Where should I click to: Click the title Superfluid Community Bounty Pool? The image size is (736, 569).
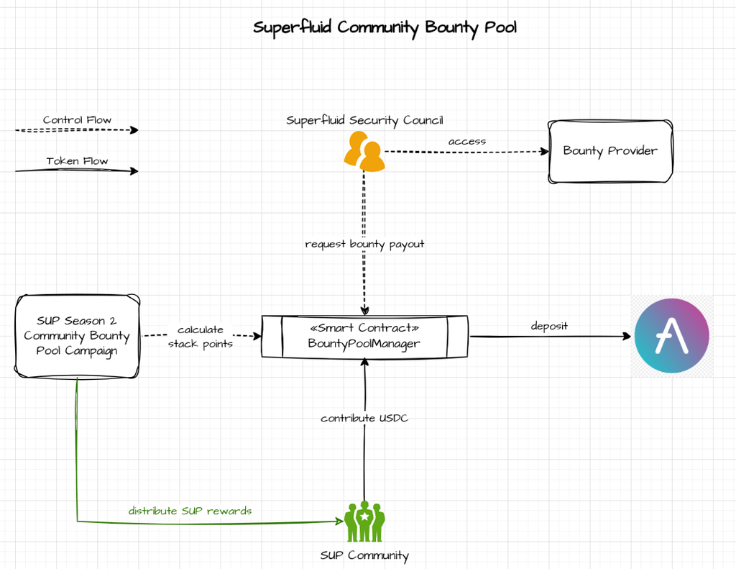385,27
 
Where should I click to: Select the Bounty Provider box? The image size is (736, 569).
610,151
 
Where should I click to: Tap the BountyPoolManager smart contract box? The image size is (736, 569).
364,335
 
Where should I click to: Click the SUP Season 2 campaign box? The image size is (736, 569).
77,335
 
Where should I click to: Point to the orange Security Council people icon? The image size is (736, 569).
364,152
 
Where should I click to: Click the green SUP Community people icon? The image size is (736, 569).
364,522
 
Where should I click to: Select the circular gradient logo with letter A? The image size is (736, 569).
672,336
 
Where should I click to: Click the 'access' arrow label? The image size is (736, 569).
466,141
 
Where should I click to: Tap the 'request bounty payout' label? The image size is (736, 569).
364,244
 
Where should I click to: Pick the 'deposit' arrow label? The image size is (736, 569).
549,326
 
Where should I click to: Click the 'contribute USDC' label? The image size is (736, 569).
364,418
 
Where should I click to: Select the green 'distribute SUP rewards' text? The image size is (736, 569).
190,511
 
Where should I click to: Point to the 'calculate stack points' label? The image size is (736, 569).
200,337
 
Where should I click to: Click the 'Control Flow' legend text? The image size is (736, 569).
77,119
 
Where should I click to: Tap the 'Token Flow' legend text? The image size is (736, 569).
77,161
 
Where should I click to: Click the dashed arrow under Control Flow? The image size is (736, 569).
76,131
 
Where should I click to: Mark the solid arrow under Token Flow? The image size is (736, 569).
76,171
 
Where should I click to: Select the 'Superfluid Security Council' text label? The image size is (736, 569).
364,120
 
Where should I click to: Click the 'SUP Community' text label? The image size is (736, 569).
364,555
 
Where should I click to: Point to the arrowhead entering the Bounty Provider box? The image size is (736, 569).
544,151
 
